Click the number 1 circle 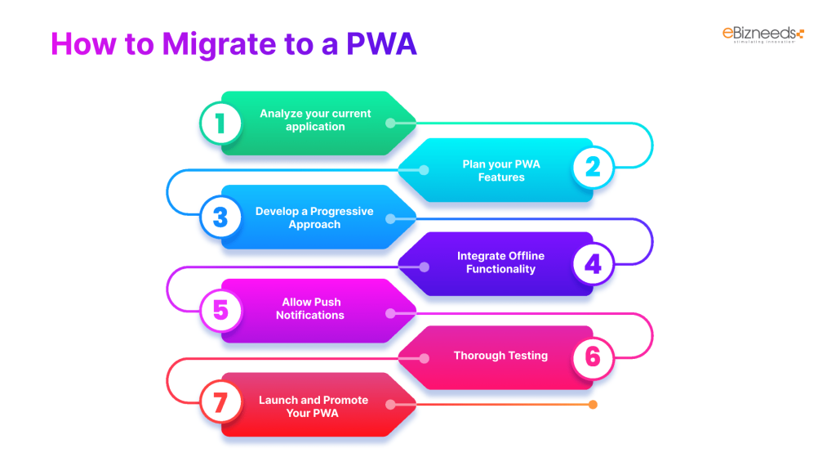[220, 123]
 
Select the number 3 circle [220, 217]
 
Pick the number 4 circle [593, 263]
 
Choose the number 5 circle [220, 310]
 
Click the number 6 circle [593, 357]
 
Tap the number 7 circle [220, 404]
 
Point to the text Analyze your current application [315, 120]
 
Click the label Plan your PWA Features [501, 170]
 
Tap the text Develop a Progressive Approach [314, 218]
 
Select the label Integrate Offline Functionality [500, 262]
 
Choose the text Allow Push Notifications [310, 309]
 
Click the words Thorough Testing [500, 356]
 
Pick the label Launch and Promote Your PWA [313, 406]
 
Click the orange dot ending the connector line [593, 404]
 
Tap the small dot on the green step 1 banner [390, 123]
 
